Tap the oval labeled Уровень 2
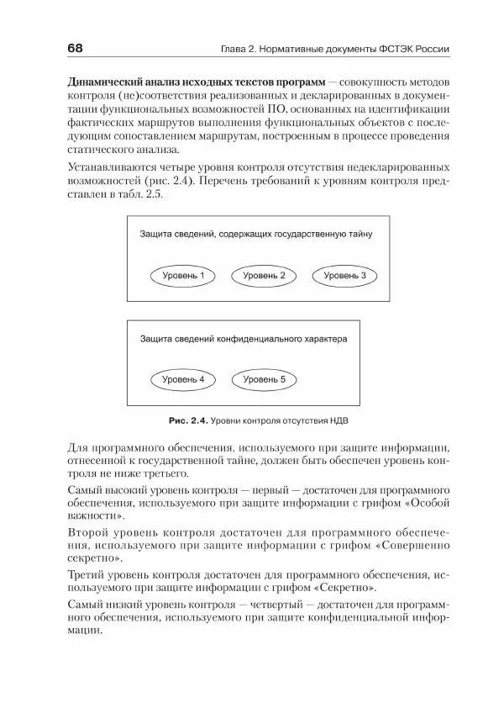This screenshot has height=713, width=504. pos(264,275)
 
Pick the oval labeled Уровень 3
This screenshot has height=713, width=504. pos(344,275)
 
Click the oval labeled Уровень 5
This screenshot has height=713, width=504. pos(264,379)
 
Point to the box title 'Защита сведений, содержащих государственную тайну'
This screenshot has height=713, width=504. pos(255,235)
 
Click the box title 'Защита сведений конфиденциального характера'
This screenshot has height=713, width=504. pos(243,339)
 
